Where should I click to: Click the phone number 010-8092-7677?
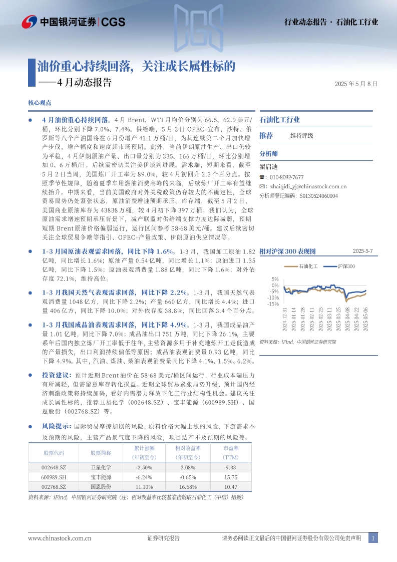(286, 177)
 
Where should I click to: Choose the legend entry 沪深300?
(345, 266)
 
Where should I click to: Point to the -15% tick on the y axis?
(273, 304)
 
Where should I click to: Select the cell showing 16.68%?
(188, 486)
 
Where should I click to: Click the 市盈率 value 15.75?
(230, 477)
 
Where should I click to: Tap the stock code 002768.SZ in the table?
(54, 486)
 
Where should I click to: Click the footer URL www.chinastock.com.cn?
(60, 538)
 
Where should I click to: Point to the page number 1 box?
(373, 538)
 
